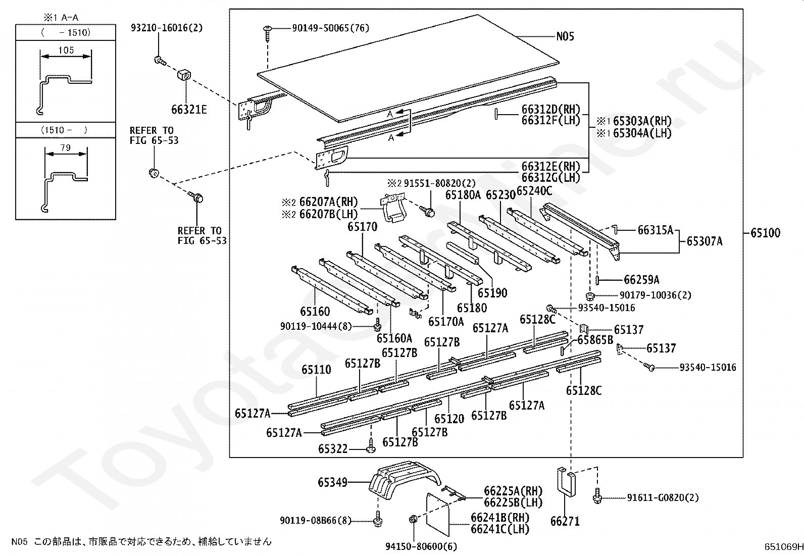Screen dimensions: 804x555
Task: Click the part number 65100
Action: pos(765,233)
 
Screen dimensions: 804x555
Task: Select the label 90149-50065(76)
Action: pos(331,28)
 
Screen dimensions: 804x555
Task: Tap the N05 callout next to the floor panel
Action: pos(565,36)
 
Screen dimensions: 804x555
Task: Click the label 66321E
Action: pos(189,110)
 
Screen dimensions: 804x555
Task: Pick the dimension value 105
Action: pos(66,50)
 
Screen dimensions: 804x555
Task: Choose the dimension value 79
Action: pos(65,147)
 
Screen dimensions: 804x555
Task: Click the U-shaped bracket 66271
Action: pos(567,482)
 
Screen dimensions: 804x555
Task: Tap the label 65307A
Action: pos(704,241)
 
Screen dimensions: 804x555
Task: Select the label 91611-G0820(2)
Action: pos(663,497)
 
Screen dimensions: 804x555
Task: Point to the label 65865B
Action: pos(595,339)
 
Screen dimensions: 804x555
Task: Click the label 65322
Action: pos(333,449)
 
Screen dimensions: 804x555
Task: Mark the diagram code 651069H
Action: pos(783,547)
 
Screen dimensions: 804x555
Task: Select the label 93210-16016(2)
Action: pos(167,28)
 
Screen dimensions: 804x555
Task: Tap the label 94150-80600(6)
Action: pos(421,546)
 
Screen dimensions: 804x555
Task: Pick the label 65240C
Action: pos(534,191)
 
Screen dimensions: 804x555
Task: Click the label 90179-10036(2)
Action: pos(656,295)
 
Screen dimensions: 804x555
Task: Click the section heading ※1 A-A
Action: pos(61,17)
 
